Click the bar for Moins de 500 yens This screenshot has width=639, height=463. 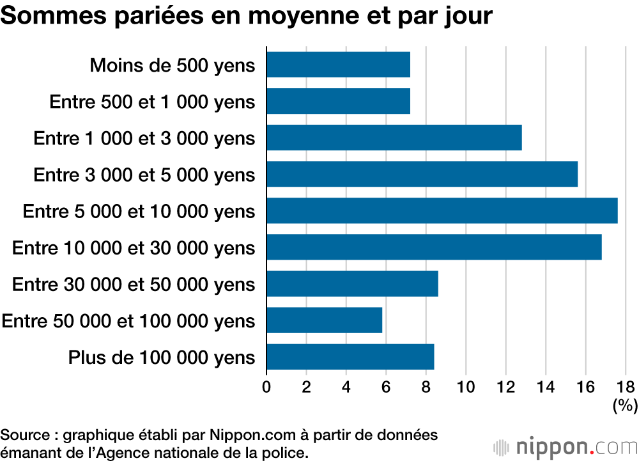pos(338,65)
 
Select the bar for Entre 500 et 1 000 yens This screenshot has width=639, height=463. pos(338,101)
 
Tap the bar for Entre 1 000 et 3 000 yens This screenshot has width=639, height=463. pos(394,137)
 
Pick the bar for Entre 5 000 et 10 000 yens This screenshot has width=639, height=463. pos(442,211)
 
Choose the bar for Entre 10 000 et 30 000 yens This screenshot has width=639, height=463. pos(434,247)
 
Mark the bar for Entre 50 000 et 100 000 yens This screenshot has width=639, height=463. pos(324,320)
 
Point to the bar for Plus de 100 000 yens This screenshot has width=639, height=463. pos(350,357)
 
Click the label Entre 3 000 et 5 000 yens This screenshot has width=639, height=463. pos(144,175)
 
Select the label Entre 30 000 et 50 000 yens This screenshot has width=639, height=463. pos(134,285)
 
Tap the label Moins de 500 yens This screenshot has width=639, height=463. pos(173,65)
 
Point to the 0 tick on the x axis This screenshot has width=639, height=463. pos(266,386)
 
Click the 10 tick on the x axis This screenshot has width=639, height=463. pos(466,386)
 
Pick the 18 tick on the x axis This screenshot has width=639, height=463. pos(626,386)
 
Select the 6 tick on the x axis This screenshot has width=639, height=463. pos(386,386)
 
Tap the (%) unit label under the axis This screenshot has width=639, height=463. pos(624,405)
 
